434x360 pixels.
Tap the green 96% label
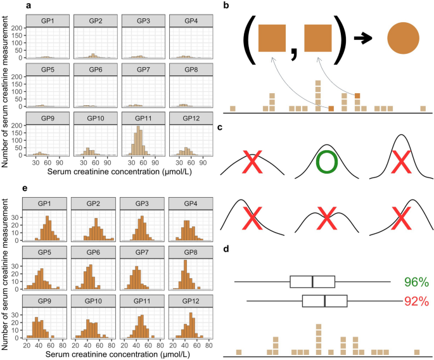[x=416, y=282]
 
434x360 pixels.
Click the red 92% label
[x=416, y=300]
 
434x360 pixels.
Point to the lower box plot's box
[x=324, y=301]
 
